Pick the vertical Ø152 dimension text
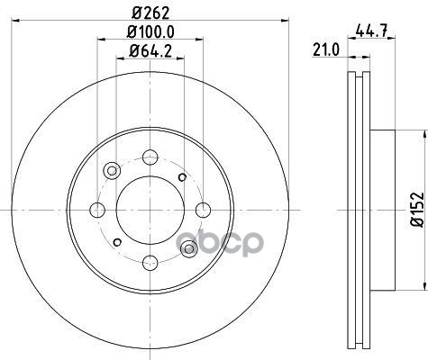click(x=417, y=207)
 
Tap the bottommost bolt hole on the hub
click(x=150, y=262)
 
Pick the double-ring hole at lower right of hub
click(x=188, y=248)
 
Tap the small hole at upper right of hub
click(x=183, y=176)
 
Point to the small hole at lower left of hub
click(x=117, y=242)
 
